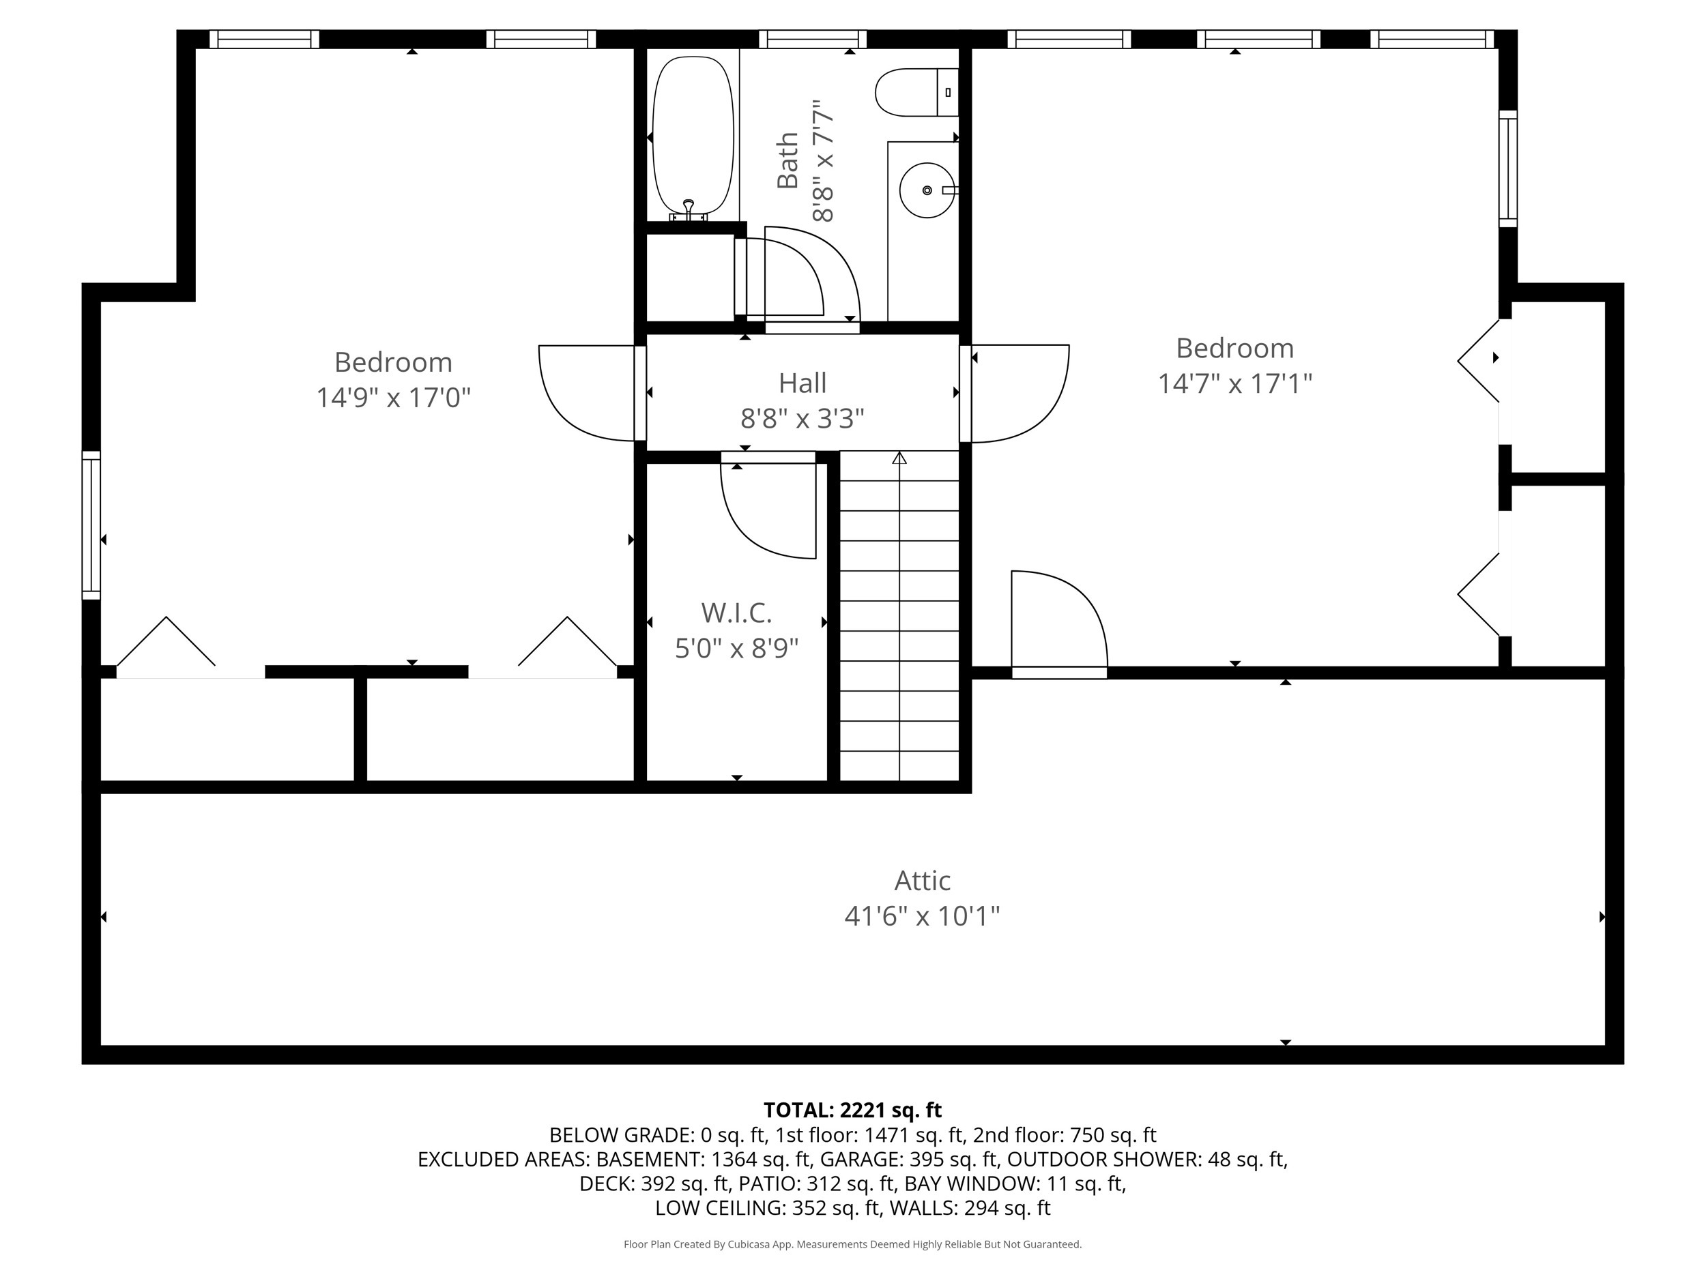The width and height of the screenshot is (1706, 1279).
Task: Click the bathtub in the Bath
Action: (693, 135)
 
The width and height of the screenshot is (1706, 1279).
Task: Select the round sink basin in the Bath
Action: (926, 190)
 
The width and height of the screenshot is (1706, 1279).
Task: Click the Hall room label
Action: (802, 383)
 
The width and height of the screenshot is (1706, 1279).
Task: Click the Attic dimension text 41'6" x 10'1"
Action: (922, 916)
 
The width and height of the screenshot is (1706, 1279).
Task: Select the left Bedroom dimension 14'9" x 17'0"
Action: (393, 398)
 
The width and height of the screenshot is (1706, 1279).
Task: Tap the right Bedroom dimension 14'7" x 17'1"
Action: (1234, 384)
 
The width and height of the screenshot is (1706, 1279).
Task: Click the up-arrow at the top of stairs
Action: (899, 458)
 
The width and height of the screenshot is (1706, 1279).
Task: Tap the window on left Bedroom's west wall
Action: (91, 525)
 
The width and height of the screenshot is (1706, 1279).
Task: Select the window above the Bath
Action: (812, 39)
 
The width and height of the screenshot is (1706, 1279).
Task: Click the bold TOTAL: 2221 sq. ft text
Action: (852, 1110)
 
